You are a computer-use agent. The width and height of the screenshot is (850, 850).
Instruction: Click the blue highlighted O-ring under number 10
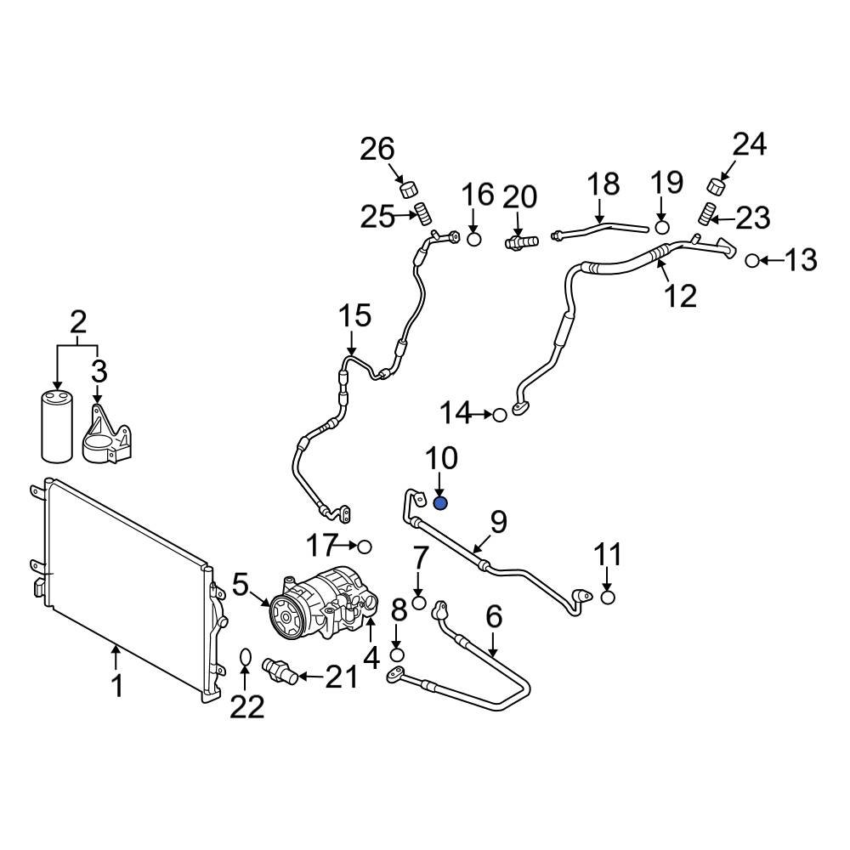(440, 503)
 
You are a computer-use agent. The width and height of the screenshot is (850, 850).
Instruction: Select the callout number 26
(377, 150)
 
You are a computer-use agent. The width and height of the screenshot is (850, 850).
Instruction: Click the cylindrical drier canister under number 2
(57, 426)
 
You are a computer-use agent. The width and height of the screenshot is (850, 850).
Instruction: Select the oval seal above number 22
(244, 657)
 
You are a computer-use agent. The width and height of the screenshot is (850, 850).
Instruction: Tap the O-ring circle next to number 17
(365, 545)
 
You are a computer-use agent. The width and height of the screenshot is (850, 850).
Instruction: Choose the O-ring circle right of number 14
(500, 415)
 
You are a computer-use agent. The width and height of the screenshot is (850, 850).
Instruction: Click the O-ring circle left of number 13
(752, 260)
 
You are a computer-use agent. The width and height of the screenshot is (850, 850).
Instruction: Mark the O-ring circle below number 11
(608, 598)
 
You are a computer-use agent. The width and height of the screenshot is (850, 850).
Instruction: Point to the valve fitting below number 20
(518, 243)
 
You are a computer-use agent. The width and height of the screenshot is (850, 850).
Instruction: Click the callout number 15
(355, 316)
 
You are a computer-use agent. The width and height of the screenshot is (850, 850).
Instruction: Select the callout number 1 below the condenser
(118, 685)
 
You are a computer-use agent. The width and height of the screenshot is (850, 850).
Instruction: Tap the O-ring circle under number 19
(663, 227)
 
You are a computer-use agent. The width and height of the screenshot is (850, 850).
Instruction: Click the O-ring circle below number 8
(397, 654)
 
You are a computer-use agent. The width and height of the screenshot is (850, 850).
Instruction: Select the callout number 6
(494, 616)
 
